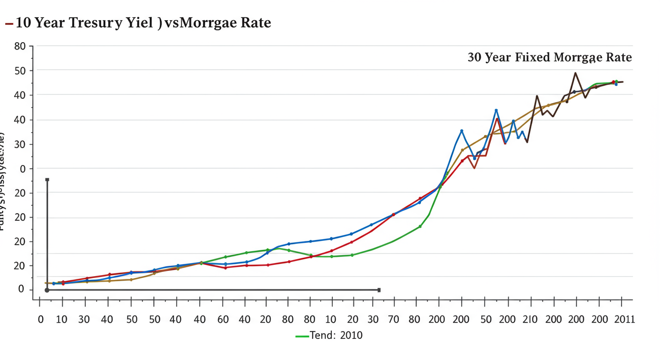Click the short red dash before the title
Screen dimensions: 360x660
9,23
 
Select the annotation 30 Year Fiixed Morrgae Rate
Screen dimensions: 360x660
549,58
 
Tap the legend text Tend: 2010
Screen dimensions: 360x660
336,336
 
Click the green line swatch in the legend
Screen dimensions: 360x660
302,336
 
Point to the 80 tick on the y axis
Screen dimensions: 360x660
20,46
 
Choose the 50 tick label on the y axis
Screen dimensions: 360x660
20,71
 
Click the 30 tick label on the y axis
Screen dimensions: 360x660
20,144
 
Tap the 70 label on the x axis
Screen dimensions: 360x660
393,320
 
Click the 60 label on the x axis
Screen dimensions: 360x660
223,320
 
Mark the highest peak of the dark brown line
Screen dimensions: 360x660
575,73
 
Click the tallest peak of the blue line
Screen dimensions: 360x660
496,110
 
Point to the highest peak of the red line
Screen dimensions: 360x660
497,119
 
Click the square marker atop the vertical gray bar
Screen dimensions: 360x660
47,180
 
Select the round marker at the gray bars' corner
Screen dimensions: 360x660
47,290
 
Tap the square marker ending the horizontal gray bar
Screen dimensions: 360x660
379,290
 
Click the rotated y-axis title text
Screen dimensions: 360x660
3,180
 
